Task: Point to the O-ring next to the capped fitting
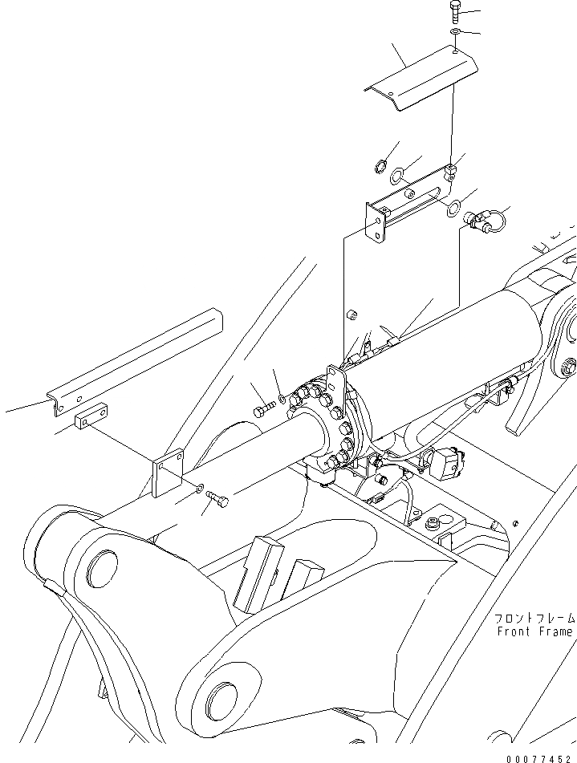pos(453,208)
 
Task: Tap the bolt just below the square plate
pos(218,501)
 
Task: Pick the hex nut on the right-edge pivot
pos(571,369)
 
